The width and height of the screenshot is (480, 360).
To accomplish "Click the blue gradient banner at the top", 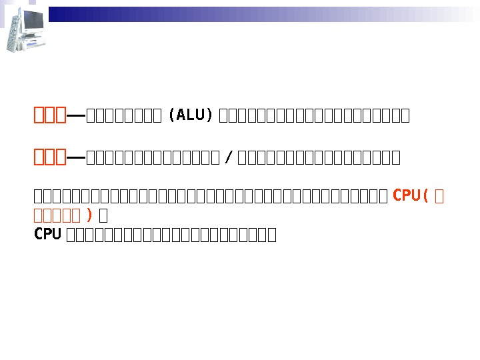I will point(260,14).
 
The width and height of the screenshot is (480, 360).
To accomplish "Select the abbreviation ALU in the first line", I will point(191,115).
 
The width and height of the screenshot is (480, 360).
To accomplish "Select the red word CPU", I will point(406,195).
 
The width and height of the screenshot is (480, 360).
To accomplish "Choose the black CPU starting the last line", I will point(47,234).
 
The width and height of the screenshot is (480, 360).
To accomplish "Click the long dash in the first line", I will point(76,116).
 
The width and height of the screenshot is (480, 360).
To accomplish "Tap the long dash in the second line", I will point(76,157).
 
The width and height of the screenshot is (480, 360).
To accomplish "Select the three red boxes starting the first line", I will point(50,115).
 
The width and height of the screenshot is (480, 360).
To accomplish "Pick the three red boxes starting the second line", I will point(50,157).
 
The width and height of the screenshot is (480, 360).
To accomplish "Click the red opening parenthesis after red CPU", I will point(425,195).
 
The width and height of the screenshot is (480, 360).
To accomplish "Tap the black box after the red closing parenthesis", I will point(103,215).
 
